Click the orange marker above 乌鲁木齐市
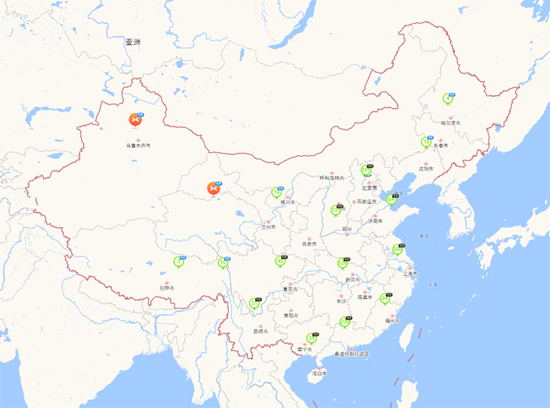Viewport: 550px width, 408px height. [135, 120]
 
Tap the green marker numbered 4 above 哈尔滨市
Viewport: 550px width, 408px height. [448, 98]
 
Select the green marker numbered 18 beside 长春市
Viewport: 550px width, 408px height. [426, 142]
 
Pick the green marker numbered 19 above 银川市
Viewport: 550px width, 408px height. [276, 193]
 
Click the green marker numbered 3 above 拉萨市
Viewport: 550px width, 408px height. [179, 261]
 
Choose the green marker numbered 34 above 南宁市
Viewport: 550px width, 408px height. [311, 339]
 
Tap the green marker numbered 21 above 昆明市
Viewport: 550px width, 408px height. [254, 303]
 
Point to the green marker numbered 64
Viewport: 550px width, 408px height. [390, 200]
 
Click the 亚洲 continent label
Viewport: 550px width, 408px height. [133, 42]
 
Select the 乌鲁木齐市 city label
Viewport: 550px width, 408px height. [137, 146]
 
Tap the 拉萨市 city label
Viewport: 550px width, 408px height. [167, 288]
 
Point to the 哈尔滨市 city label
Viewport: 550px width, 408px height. [450, 123]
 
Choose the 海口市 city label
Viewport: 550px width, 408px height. [319, 373]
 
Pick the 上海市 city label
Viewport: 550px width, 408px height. [410, 273]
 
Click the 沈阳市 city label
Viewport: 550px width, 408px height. [426, 168]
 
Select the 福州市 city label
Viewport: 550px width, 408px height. [392, 321]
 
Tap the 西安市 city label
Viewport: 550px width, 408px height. [309, 244]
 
